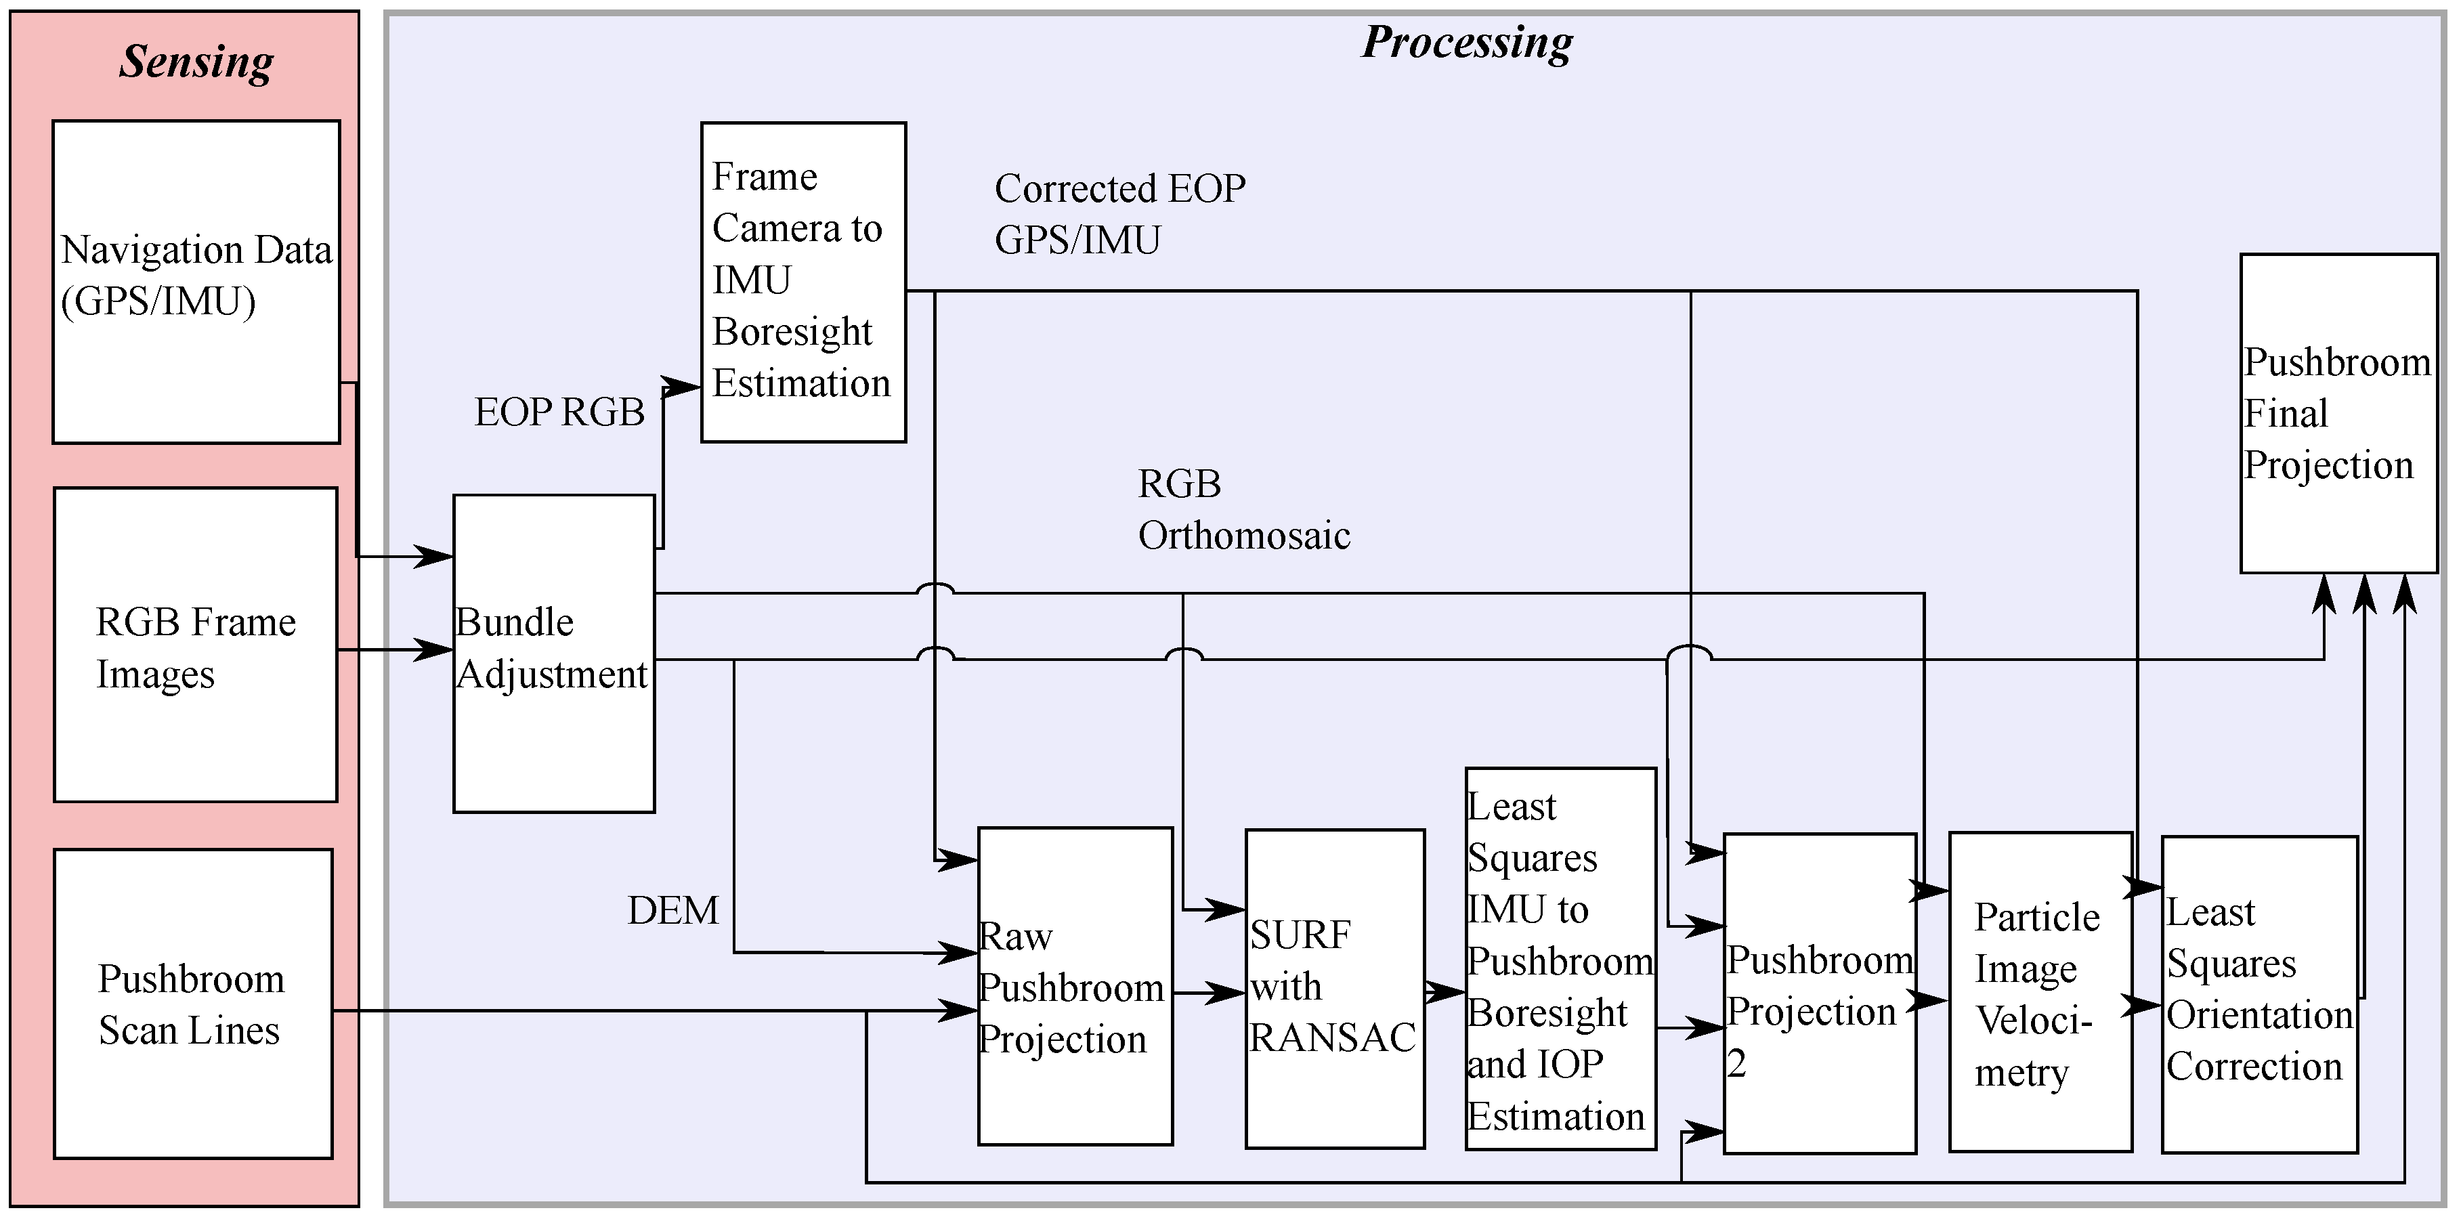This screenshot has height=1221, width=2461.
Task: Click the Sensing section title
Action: pos(196,62)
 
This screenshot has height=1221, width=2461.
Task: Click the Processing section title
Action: pos(1466,43)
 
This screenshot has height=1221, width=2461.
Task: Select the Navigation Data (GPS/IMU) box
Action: pos(196,281)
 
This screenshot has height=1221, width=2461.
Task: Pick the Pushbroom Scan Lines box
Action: pos(193,1003)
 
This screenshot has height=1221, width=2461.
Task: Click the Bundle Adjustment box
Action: pos(553,654)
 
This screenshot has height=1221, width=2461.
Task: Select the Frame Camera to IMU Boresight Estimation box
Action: pos(802,281)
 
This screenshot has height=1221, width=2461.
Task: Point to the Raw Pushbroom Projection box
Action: pos(1075,986)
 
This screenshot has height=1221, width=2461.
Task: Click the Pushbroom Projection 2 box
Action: pos(1819,993)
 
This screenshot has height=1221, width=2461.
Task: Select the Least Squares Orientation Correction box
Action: pos(2259,993)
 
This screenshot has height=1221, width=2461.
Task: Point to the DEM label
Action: pos(672,910)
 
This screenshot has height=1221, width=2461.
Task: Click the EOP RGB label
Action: pos(560,412)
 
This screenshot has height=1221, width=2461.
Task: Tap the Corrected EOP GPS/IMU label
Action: pos(1119,214)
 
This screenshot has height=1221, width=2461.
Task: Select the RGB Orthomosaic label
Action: pos(1243,509)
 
